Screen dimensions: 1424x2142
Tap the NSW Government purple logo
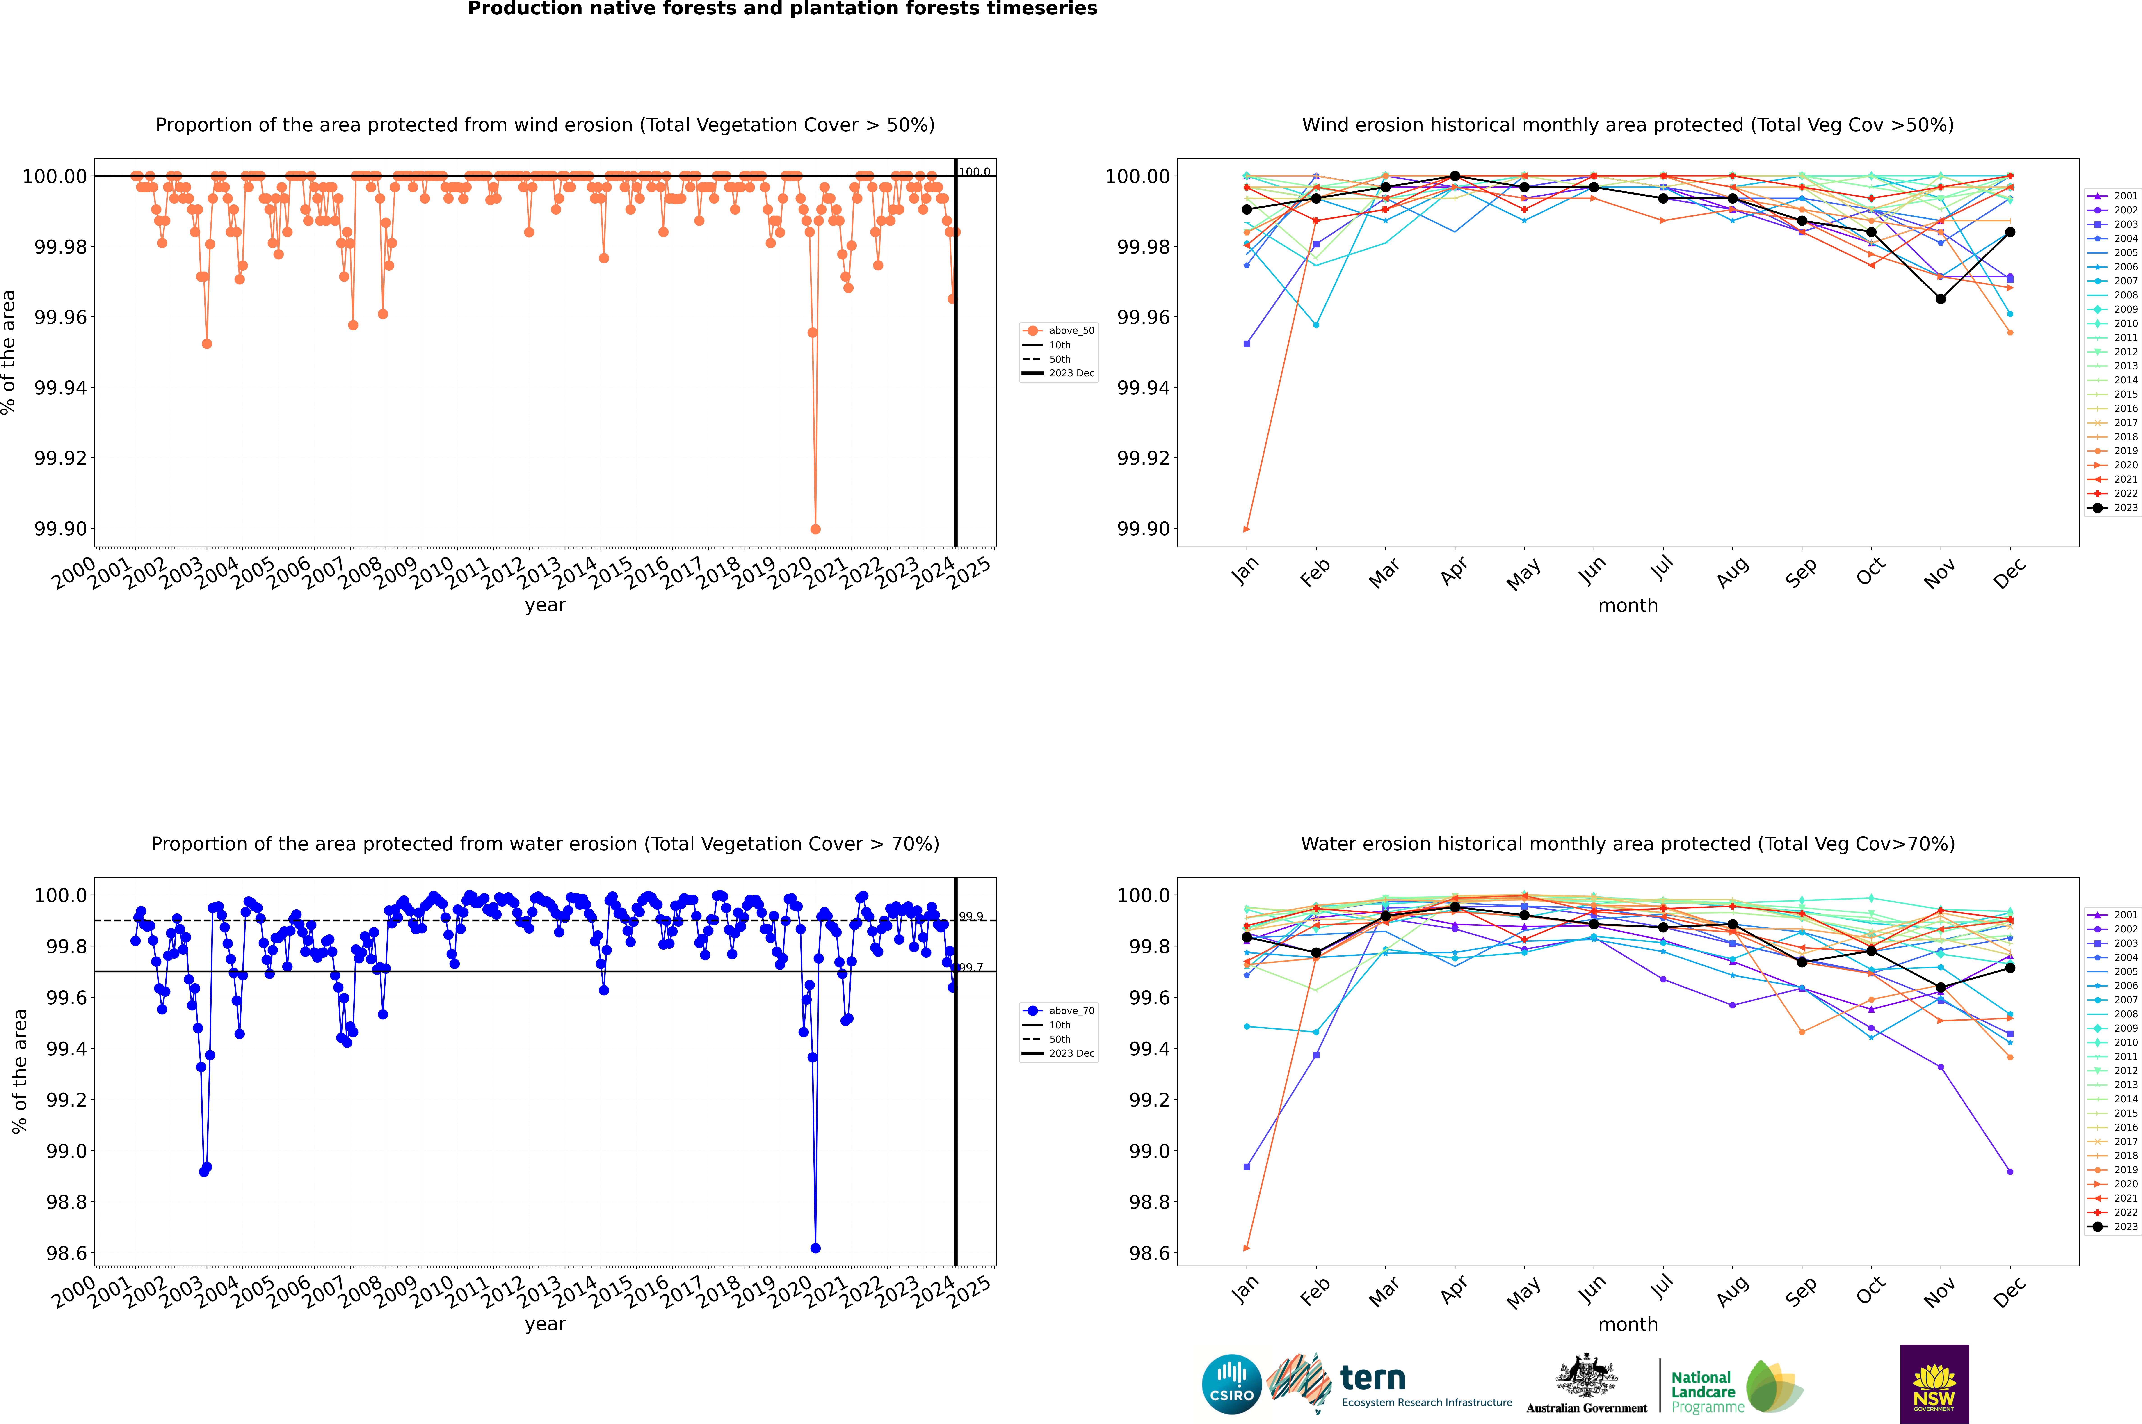pyautogui.click(x=1934, y=1384)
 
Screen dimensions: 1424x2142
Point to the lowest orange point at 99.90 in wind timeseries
pyautogui.click(x=815, y=529)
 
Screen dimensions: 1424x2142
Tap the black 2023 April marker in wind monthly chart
pyautogui.click(x=1455, y=176)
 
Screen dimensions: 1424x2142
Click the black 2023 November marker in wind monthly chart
pyautogui.click(x=1940, y=299)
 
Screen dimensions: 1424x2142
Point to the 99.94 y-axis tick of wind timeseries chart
pyautogui.click(x=61, y=388)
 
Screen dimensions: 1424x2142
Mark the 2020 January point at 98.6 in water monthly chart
pyautogui.click(x=1247, y=1248)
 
